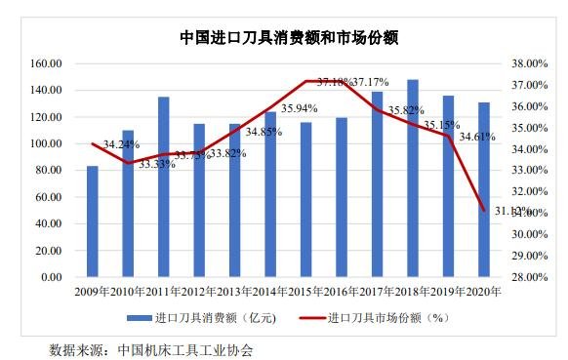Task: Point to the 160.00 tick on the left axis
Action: tap(47, 63)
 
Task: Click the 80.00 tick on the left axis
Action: tap(50, 171)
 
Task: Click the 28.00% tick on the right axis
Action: tap(524, 277)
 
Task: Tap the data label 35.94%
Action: tap(300, 108)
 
